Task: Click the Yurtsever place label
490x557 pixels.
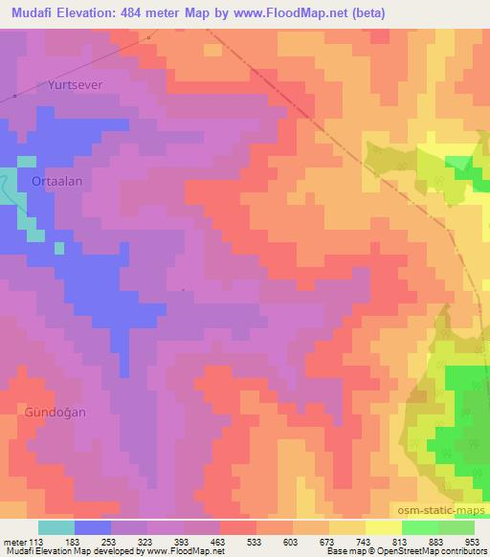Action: tap(75, 84)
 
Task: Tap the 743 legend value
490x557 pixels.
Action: tap(366, 541)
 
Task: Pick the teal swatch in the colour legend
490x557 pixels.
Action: tap(56, 527)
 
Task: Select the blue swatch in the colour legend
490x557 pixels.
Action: tap(93, 527)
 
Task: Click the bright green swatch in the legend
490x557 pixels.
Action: tap(420, 527)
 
